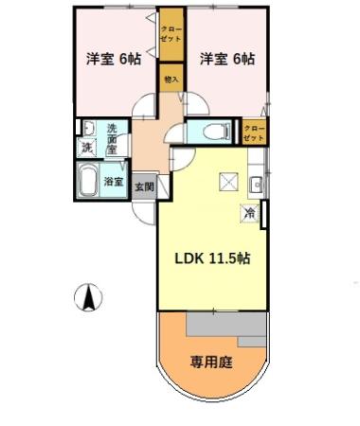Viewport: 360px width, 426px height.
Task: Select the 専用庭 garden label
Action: pos(211,361)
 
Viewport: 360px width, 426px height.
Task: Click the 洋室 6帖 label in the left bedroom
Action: pos(113,59)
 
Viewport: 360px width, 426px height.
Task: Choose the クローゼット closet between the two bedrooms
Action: pos(171,38)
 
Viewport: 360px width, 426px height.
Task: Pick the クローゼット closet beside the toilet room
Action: pos(254,132)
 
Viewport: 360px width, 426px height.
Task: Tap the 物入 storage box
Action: pos(171,80)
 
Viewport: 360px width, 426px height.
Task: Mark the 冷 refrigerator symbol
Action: pos(248,215)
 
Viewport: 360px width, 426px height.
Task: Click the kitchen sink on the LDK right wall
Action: pos(253,184)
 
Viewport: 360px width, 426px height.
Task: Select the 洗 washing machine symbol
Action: pos(86,148)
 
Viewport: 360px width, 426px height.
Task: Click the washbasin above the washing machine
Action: pos(86,129)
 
